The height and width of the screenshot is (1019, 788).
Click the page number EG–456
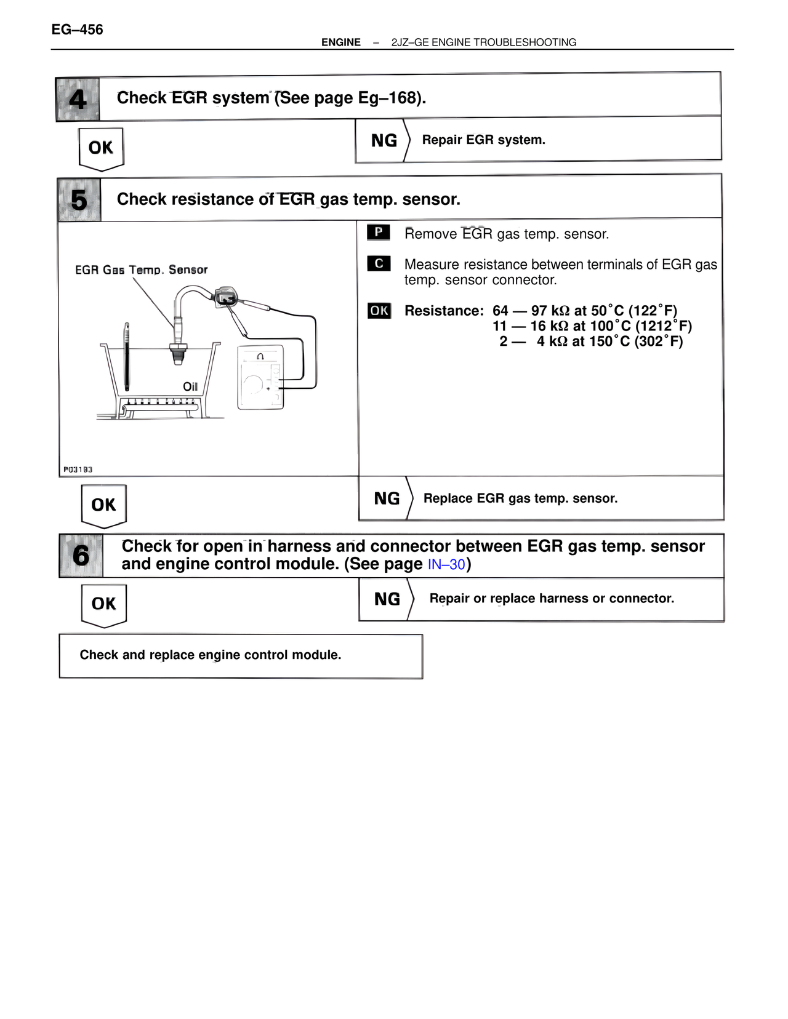pos(77,30)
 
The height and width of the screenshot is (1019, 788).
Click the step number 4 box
pos(78,99)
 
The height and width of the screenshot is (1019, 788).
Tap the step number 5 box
pos(79,200)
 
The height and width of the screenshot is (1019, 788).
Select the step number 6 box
pos(81,555)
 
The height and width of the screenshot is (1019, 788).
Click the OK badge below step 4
pos(101,148)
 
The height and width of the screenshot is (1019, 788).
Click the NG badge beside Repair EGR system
pos(384,140)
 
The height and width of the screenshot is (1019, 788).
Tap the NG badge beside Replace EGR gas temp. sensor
pos(386,498)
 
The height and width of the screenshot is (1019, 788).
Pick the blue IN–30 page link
pos(446,564)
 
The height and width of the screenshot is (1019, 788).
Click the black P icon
pos(378,233)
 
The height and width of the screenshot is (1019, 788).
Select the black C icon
pos(378,263)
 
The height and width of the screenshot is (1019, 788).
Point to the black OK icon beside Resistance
pos(379,311)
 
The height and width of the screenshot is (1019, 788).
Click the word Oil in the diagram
pos(190,386)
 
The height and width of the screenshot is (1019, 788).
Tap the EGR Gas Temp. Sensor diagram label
pos(141,270)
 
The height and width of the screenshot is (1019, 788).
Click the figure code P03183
pos(78,470)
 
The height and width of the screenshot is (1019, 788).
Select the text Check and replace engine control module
pos(210,655)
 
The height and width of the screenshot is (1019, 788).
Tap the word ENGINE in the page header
pos(340,42)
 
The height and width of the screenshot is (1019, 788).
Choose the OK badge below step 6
pos(103,604)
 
